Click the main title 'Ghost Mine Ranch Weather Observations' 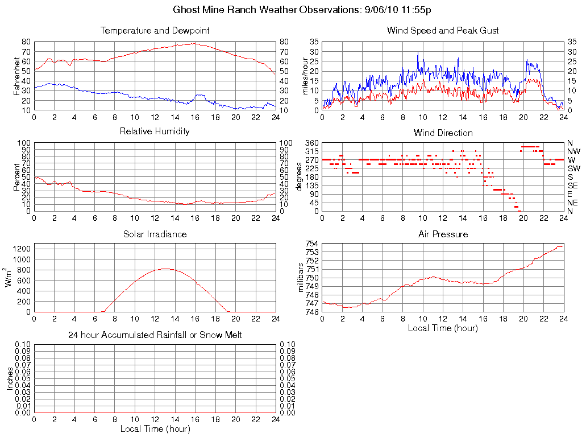pyautogui.click(x=261, y=10)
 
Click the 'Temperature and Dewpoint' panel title pyautogui.click(x=155, y=30)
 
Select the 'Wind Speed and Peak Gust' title pyautogui.click(x=443, y=30)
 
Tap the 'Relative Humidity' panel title pyautogui.click(x=155, y=131)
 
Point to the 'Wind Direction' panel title pyautogui.click(x=443, y=133)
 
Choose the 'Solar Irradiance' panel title pyautogui.click(x=155, y=234)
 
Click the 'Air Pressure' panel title pyautogui.click(x=443, y=234)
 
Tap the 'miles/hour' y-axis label pyautogui.click(x=305, y=76)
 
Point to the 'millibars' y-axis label pyautogui.click(x=301, y=278)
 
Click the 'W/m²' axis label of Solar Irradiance pyautogui.click(x=10, y=278)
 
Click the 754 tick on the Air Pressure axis pyautogui.click(x=312, y=244)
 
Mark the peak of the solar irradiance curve pyautogui.click(x=165, y=269)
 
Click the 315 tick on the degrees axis pyautogui.click(x=312, y=151)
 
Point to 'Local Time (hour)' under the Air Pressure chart pyautogui.click(x=443, y=328)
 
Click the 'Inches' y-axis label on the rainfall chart pyautogui.click(x=10, y=378)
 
